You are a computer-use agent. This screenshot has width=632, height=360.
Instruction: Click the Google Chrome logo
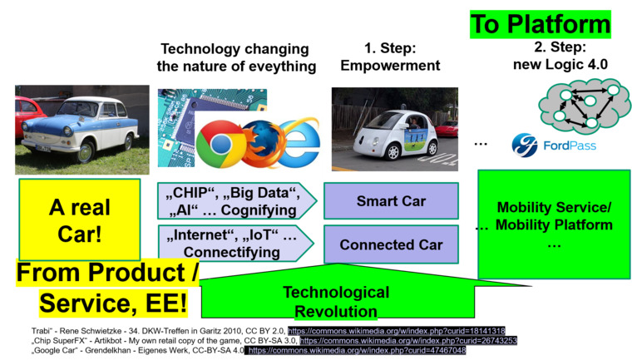[x=220, y=144]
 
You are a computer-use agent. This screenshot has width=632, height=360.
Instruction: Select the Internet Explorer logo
[x=299, y=142]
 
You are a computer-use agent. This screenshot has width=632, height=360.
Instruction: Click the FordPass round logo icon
[x=525, y=145]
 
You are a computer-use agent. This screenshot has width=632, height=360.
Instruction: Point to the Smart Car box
[x=391, y=200]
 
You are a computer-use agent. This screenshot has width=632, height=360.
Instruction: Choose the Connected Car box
[x=391, y=244]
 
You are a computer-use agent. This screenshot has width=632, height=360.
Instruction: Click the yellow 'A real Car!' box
[x=80, y=219]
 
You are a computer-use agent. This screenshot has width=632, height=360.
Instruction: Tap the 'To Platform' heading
[x=541, y=24]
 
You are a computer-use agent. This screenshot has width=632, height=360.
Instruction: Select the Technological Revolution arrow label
[x=336, y=302]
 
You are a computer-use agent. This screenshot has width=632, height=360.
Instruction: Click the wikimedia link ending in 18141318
[x=396, y=331]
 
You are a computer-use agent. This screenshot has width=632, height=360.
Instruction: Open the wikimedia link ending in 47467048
[x=357, y=350]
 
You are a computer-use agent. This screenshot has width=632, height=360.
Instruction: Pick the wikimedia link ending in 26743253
[x=408, y=341]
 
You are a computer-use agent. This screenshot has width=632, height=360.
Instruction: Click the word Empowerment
[x=390, y=66]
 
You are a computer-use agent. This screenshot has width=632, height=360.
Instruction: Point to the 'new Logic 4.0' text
[x=560, y=65]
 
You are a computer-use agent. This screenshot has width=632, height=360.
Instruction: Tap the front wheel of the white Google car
[x=393, y=152]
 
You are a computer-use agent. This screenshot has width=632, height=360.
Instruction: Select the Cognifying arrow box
[x=237, y=201]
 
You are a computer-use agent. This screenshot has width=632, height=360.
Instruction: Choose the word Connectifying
[x=232, y=252]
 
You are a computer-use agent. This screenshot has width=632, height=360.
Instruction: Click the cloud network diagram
[x=584, y=106]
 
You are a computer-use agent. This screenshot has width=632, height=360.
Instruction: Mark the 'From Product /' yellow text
[x=107, y=273]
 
